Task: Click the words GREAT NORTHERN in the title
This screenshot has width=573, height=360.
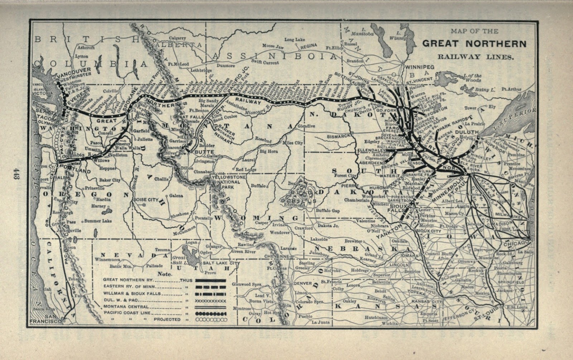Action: coord(474,44)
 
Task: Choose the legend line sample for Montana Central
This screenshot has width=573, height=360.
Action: coord(210,307)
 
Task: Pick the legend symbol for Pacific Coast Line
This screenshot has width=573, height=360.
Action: coord(210,313)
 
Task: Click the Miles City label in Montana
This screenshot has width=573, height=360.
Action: coord(293,143)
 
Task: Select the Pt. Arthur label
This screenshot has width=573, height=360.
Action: coord(511,89)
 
